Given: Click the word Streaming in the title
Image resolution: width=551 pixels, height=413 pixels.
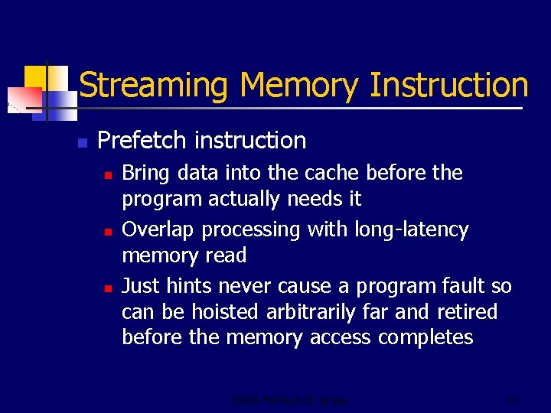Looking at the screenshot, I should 152,86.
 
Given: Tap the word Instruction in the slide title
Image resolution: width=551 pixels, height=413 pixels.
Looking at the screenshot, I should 448,85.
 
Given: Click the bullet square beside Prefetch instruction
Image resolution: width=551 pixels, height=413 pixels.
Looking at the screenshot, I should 82,142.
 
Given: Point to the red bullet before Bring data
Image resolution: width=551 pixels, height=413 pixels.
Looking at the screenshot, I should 109,174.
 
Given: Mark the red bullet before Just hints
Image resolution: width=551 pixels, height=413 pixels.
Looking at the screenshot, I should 109,288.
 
